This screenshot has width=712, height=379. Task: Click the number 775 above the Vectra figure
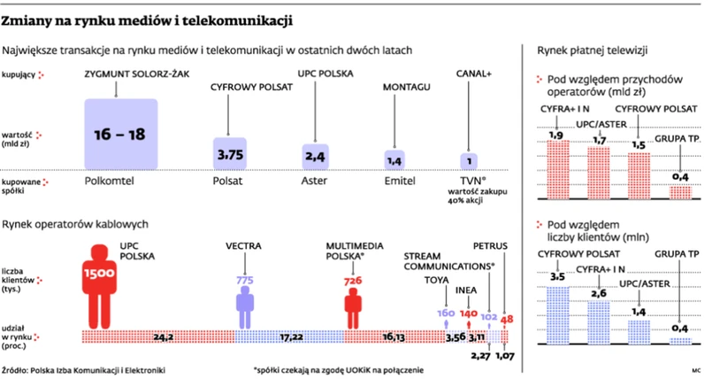(x=245, y=280)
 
